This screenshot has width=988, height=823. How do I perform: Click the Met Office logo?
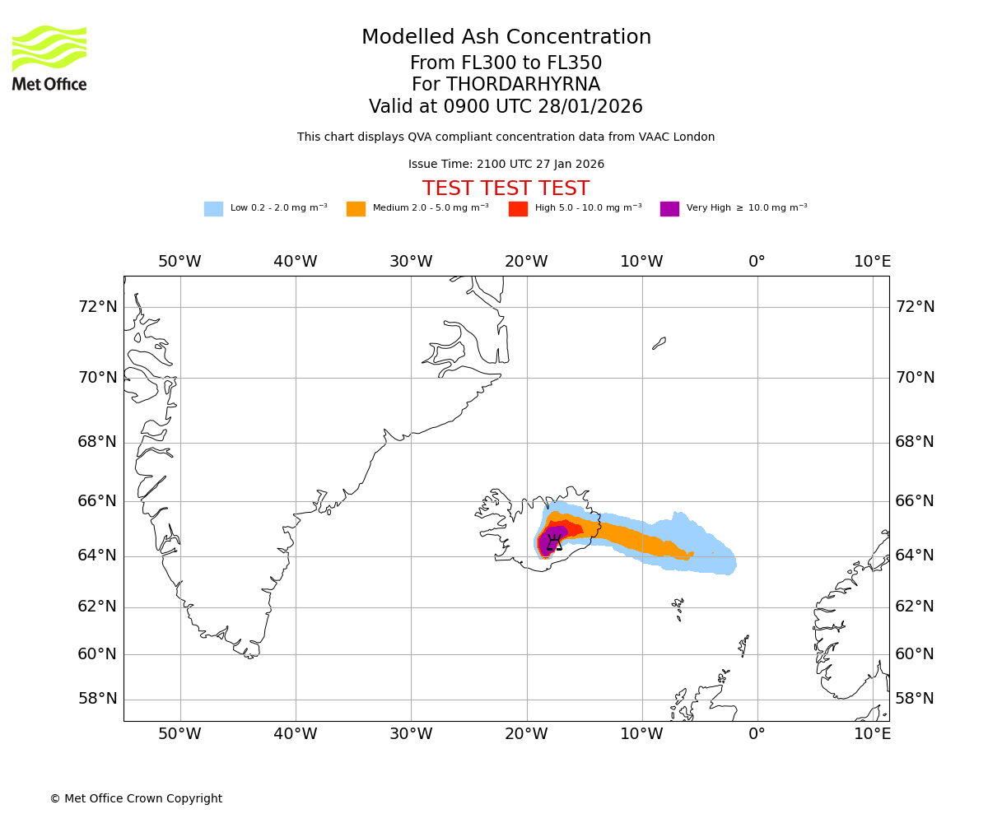click(x=49, y=58)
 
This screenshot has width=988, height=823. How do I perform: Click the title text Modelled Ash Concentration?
click(x=506, y=37)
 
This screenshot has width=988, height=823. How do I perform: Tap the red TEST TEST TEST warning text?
click(x=506, y=188)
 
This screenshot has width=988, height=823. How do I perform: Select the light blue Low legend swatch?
click(x=213, y=208)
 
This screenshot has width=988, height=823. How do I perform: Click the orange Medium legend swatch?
click(x=356, y=208)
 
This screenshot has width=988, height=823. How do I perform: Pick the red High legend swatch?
click(x=518, y=208)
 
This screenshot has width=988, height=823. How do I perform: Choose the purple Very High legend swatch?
click(x=669, y=208)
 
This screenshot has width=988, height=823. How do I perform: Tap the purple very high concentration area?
click(x=546, y=541)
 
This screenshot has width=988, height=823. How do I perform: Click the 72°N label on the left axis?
click(x=97, y=306)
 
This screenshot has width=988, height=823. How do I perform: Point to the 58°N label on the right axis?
click(x=915, y=699)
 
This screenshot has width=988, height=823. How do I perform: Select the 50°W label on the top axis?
click(x=179, y=262)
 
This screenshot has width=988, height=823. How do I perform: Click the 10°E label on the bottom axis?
click(x=872, y=733)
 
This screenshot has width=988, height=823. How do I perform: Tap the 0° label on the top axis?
click(x=757, y=262)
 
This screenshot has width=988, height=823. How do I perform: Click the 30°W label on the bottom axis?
click(x=411, y=733)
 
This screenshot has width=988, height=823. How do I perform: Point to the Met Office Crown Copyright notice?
click(x=136, y=798)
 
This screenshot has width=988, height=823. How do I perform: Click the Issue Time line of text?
click(x=506, y=165)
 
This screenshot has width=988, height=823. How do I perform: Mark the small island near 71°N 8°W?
click(x=659, y=342)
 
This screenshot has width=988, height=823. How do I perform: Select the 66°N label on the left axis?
click(x=97, y=501)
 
